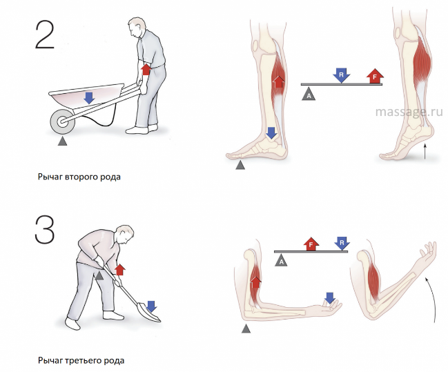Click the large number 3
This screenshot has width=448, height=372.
[x=45, y=230]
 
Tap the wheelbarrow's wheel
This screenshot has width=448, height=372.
[x=63, y=121]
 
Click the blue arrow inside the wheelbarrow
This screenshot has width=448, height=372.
[x=90, y=98]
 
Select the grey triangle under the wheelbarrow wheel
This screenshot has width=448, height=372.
[x=62, y=141]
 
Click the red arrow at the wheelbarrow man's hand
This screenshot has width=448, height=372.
[x=146, y=70]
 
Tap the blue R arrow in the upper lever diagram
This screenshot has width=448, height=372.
[x=341, y=75]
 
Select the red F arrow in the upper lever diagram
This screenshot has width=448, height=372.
[x=375, y=76]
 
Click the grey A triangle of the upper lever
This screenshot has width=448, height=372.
[x=309, y=95]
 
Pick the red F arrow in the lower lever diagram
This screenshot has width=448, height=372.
[x=311, y=244]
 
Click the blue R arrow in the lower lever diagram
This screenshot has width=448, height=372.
[x=342, y=244]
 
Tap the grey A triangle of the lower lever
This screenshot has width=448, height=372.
[x=281, y=261]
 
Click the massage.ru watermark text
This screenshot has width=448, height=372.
[x=409, y=112]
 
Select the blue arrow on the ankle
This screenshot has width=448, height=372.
[x=271, y=133]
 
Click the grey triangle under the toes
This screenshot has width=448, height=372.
[x=240, y=165]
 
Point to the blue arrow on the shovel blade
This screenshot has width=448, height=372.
[x=151, y=306]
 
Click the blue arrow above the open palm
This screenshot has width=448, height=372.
[x=330, y=297]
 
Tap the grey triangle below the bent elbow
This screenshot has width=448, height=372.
[x=246, y=329]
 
